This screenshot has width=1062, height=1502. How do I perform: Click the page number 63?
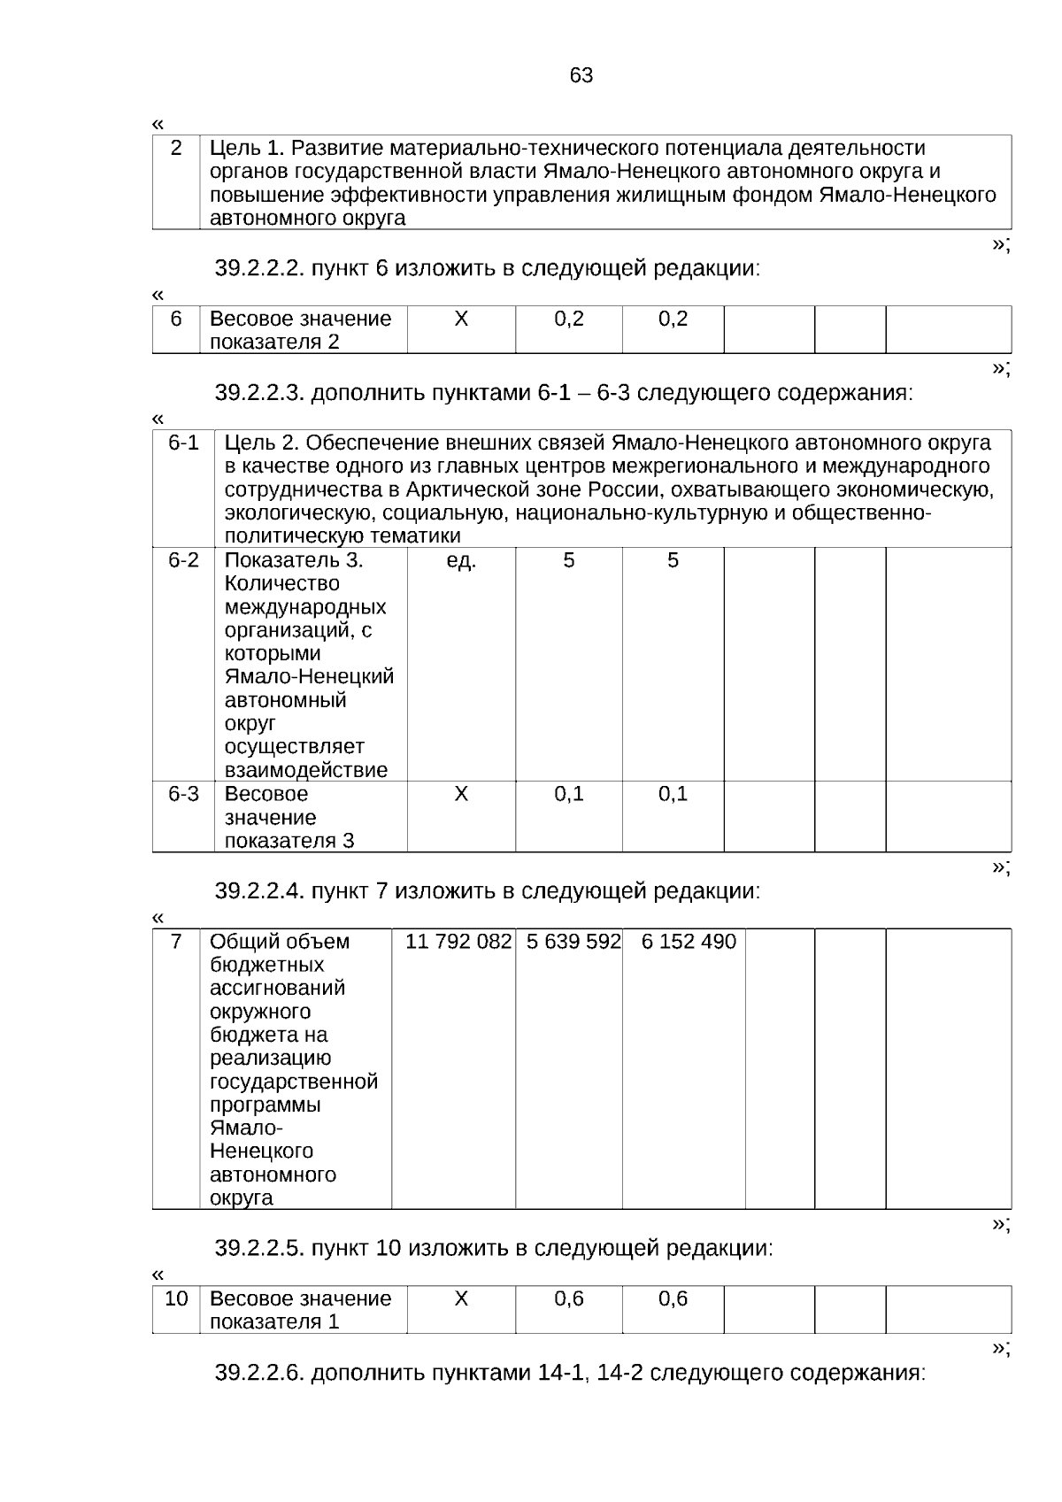point(581,76)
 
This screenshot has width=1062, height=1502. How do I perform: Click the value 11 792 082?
point(458,942)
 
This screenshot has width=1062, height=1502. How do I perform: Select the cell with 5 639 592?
point(573,942)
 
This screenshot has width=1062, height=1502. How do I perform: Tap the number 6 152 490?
point(689,942)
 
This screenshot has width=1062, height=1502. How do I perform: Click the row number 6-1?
point(184,443)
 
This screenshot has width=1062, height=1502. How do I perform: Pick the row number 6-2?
point(184,560)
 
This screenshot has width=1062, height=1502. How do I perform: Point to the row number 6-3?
point(184,794)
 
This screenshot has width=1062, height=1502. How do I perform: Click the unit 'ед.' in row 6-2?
point(461,560)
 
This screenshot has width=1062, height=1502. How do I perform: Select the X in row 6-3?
point(461,794)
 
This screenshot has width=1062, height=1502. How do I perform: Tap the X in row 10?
point(461,1298)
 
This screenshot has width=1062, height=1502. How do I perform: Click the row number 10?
point(177,1298)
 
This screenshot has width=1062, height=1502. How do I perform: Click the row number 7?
point(176,942)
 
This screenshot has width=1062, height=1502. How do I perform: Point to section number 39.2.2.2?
point(260,268)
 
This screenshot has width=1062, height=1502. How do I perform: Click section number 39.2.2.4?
point(260,891)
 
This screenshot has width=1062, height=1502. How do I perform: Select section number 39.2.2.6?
point(260,1373)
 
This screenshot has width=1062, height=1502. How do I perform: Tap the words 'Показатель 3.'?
point(294,560)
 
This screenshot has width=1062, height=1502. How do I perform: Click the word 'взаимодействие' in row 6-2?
point(306,770)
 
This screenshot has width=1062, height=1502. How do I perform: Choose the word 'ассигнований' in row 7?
point(278,988)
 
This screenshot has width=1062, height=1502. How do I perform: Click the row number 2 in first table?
point(176,148)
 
